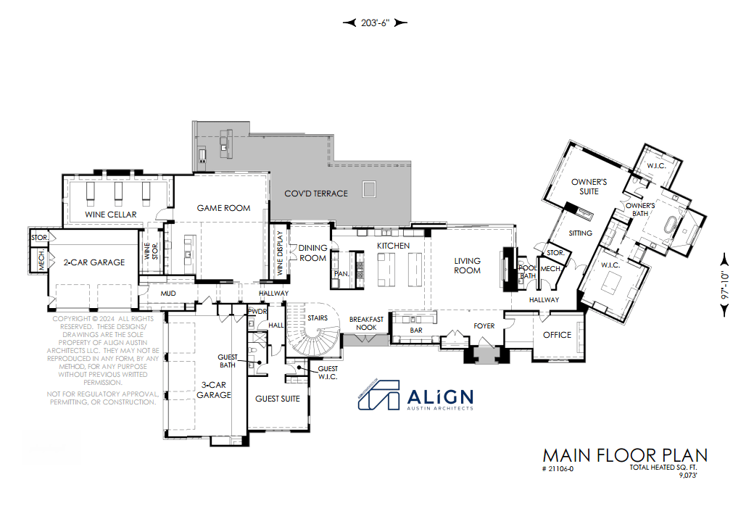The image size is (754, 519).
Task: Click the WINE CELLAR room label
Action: point(110,215)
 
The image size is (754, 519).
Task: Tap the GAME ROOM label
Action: point(223,208)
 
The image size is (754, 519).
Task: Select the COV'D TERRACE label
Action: point(315,194)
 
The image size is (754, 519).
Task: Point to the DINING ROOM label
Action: point(313,252)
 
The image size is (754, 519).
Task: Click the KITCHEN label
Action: point(393,246)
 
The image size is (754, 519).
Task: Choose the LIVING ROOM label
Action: point(467,265)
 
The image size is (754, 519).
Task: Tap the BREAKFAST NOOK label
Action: point(366,323)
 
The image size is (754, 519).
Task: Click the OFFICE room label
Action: point(557,335)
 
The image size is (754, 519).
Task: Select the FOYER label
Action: point(484,326)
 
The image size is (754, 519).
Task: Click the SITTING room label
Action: point(581,233)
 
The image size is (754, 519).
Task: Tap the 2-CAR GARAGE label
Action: point(94,262)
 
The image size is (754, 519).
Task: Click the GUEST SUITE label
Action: point(278,399)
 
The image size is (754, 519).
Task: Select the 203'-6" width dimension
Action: point(375,22)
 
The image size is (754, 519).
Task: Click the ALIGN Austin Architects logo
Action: point(416,396)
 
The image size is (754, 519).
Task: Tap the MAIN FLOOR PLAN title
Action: point(624,455)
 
